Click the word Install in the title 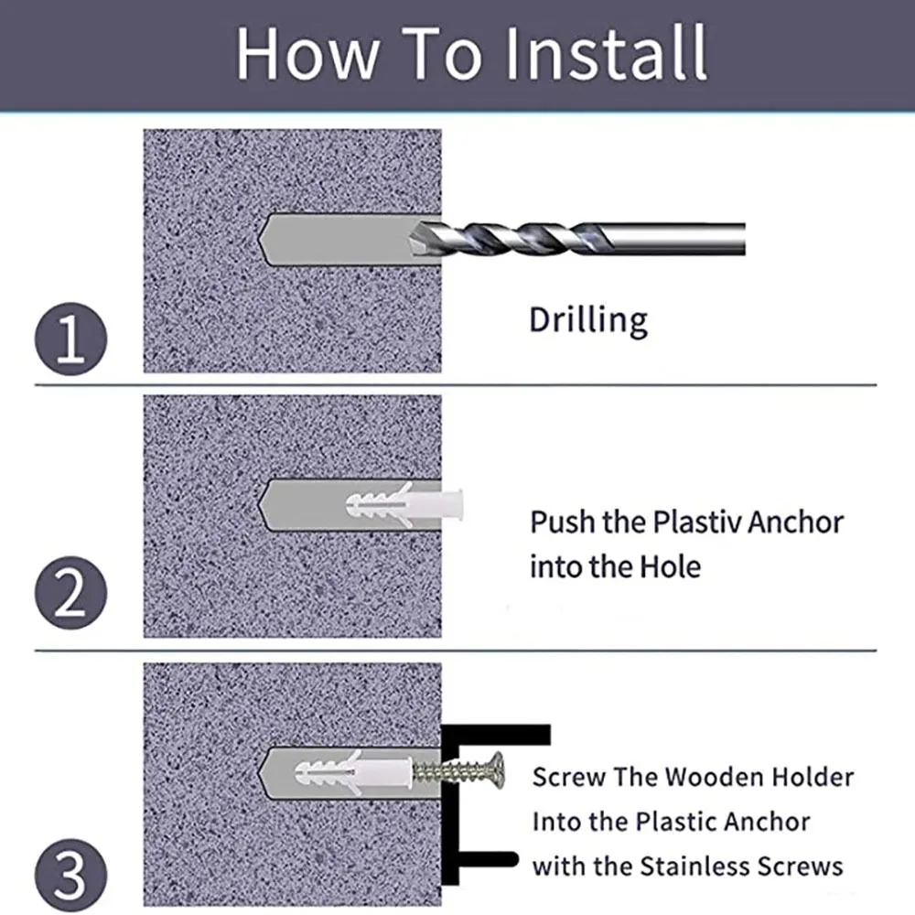606,54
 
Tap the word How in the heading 307,54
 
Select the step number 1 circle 70,339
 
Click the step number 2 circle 70,592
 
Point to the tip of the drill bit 410,239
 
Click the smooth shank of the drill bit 677,239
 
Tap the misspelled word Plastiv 696,522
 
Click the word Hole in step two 671,566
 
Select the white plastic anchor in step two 404,503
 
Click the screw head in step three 497,770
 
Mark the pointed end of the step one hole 260,239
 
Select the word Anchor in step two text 795,522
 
